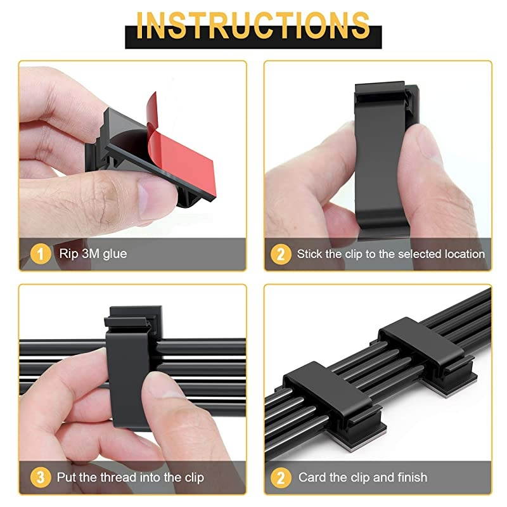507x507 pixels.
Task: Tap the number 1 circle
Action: point(40,255)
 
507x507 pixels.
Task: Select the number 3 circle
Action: point(40,477)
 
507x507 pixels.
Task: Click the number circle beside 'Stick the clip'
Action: point(281,255)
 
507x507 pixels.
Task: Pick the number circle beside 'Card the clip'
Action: point(281,477)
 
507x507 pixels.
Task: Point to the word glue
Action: point(115,254)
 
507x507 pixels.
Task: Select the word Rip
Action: point(68,254)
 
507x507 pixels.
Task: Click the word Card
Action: point(312,477)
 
